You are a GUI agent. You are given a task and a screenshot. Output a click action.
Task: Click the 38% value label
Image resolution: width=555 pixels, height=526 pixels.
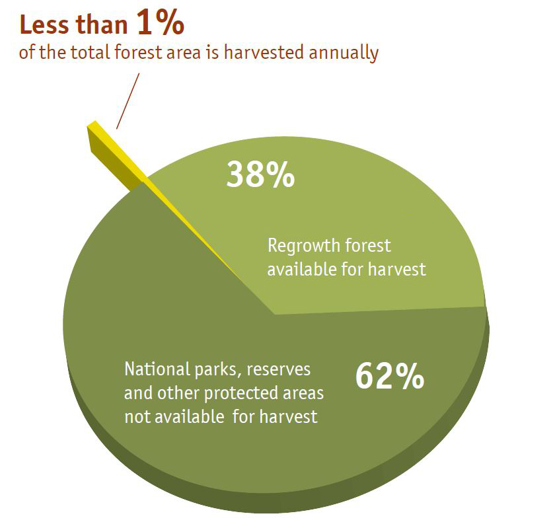pos(260,174)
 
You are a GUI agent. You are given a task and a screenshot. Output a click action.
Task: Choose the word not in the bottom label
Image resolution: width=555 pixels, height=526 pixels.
pos(135,417)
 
